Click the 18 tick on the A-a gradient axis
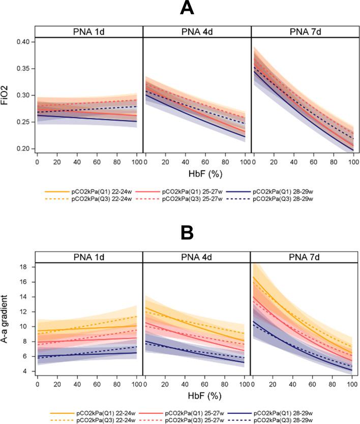(27, 267)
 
